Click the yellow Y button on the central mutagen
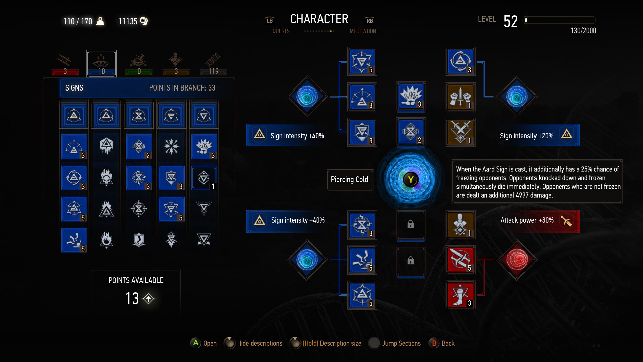click(411, 180)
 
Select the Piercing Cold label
click(349, 180)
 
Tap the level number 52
click(510, 22)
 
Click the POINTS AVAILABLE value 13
click(132, 298)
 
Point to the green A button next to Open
click(196, 343)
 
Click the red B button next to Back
click(434, 343)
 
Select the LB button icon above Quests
click(270, 20)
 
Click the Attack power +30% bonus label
click(527, 220)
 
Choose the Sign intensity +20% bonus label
click(526, 136)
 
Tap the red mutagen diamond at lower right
click(517, 259)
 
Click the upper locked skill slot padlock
click(411, 224)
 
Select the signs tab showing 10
click(101, 63)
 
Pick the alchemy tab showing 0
click(139, 63)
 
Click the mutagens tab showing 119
click(213, 63)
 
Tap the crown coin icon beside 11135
click(144, 21)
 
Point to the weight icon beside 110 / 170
click(100, 21)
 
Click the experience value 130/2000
click(583, 31)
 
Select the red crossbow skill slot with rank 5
click(460, 259)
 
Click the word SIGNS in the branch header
click(74, 88)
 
